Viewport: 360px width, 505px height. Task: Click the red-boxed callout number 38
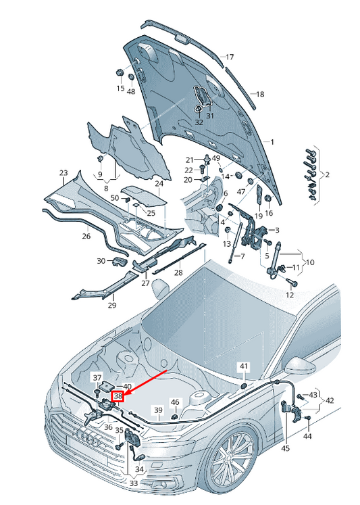click(x=118, y=396)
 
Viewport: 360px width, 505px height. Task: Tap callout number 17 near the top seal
click(x=230, y=57)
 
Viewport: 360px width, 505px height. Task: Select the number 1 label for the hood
click(x=272, y=142)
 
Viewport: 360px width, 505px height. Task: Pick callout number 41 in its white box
click(x=244, y=366)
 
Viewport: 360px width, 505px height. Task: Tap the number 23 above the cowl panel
click(x=63, y=173)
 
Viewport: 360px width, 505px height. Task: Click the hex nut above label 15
click(x=120, y=72)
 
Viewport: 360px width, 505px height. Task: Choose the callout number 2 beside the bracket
click(x=327, y=175)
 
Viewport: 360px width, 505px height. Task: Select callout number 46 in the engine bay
click(x=175, y=402)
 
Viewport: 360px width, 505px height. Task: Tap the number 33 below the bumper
click(x=134, y=483)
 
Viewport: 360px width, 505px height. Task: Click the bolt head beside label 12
click(x=294, y=284)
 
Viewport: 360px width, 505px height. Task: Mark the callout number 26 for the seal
click(x=86, y=236)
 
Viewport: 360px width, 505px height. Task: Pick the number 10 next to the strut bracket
click(x=309, y=262)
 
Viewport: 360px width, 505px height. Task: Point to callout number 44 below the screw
click(x=307, y=436)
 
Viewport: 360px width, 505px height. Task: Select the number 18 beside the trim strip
click(x=260, y=94)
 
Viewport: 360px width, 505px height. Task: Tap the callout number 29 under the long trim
click(x=111, y=306)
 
